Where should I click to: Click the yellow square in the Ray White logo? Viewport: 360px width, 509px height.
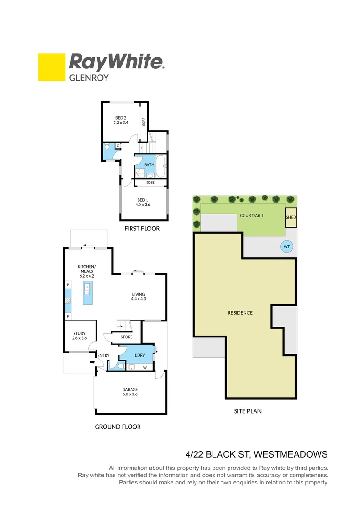[51, 67]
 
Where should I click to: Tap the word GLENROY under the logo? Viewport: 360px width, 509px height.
[89, 78]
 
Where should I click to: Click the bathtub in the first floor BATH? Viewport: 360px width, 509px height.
[162, 166]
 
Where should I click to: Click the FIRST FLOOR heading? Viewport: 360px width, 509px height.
[142, 229]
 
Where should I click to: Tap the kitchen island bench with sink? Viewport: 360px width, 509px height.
[87, 293]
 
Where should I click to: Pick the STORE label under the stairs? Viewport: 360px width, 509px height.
[126, 337]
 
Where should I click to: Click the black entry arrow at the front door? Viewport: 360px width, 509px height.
[92, 362]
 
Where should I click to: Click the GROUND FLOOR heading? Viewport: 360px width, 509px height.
[118, 427]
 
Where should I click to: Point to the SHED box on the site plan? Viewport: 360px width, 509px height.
[291, 217]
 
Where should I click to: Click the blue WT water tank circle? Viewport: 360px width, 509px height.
[286, 246]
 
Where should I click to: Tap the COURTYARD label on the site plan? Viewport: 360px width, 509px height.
[251, 215]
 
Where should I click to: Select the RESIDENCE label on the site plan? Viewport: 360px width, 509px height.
[240, 313]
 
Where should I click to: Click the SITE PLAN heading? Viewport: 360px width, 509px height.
[247, 411]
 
